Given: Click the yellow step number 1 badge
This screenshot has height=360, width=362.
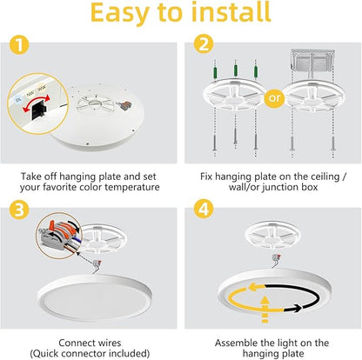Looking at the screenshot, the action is click(19, 44).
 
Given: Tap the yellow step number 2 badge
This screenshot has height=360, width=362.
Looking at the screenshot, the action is click(204, 44).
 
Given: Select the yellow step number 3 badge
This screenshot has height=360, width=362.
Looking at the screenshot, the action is click(19, 210).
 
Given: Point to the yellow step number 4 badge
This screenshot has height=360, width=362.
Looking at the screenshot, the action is click(204, 209).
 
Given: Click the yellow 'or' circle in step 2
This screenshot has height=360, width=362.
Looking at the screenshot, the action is click(274, 98).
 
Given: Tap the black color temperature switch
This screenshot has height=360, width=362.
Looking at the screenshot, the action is click(38, 109).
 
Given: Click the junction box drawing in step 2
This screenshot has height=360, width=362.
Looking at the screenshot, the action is click(312, 63).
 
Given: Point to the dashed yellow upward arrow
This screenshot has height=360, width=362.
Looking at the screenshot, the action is click(265, 310).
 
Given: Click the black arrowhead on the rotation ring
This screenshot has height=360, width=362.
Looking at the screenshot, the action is click(297, 309).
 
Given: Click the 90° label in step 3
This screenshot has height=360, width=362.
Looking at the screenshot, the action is click(43, 231).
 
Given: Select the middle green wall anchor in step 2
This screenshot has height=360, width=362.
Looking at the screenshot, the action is click(236, 70).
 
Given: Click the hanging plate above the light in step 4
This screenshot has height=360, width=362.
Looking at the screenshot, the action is click(272, 234).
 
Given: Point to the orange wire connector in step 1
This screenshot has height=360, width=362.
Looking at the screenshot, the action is click(124, 103).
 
